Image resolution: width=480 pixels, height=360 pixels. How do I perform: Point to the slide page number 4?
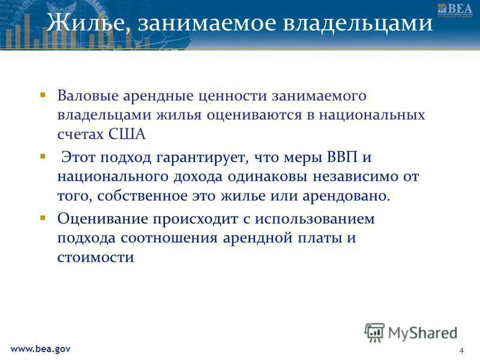pyautogui.click(x=461, y=350)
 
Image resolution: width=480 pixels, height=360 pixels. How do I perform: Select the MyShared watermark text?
pyautogui.click(x=422, y=332)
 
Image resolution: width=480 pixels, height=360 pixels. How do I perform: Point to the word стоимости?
pyautogui.click(x=95, y=257)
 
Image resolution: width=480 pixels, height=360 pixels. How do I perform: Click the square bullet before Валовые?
pyautogui.click(x=43, y=95)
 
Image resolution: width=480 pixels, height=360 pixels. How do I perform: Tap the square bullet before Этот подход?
pyautogui.click(x=43, y=157)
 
